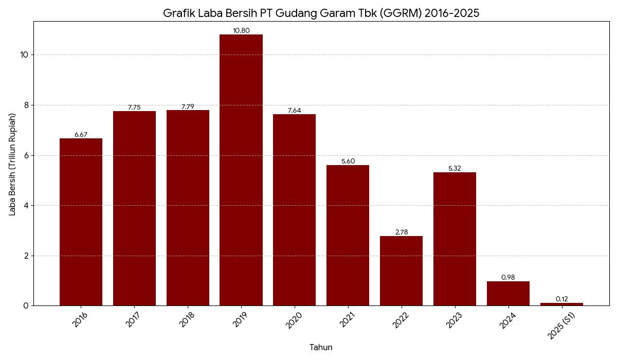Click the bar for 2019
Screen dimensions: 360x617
[x=241, y=170]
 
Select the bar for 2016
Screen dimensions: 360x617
[x=81, y=222]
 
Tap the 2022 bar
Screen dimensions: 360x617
[x=401, y=271]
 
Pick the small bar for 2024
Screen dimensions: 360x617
[x=508, y=293]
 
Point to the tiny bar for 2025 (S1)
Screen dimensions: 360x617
[x=561, y=304]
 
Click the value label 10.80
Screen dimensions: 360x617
[x=241, y=31]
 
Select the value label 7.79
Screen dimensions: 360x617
[x=188, y=107]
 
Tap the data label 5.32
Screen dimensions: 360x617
[x=455, y=169]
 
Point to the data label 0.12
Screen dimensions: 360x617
[x=561, y=299]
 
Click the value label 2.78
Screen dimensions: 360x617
[x=401, y=232]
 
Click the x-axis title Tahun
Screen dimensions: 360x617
[x=321, y=348]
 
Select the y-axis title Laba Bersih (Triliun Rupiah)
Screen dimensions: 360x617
[x=13, y=164]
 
